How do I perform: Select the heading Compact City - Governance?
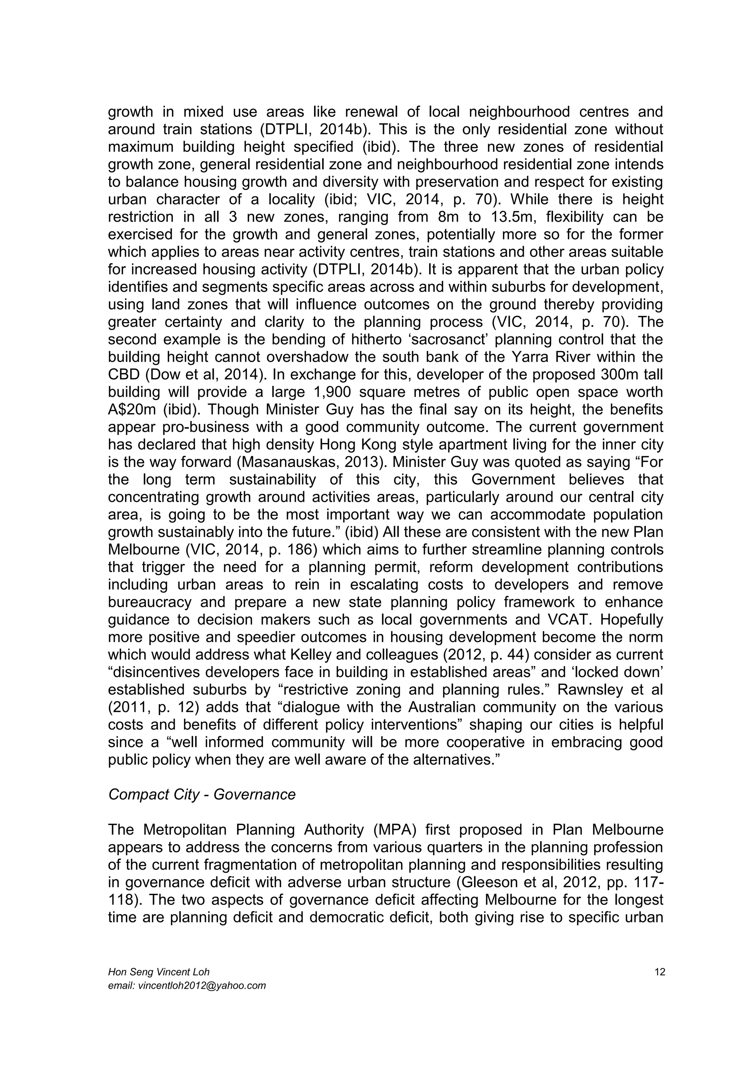pos(202,794)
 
